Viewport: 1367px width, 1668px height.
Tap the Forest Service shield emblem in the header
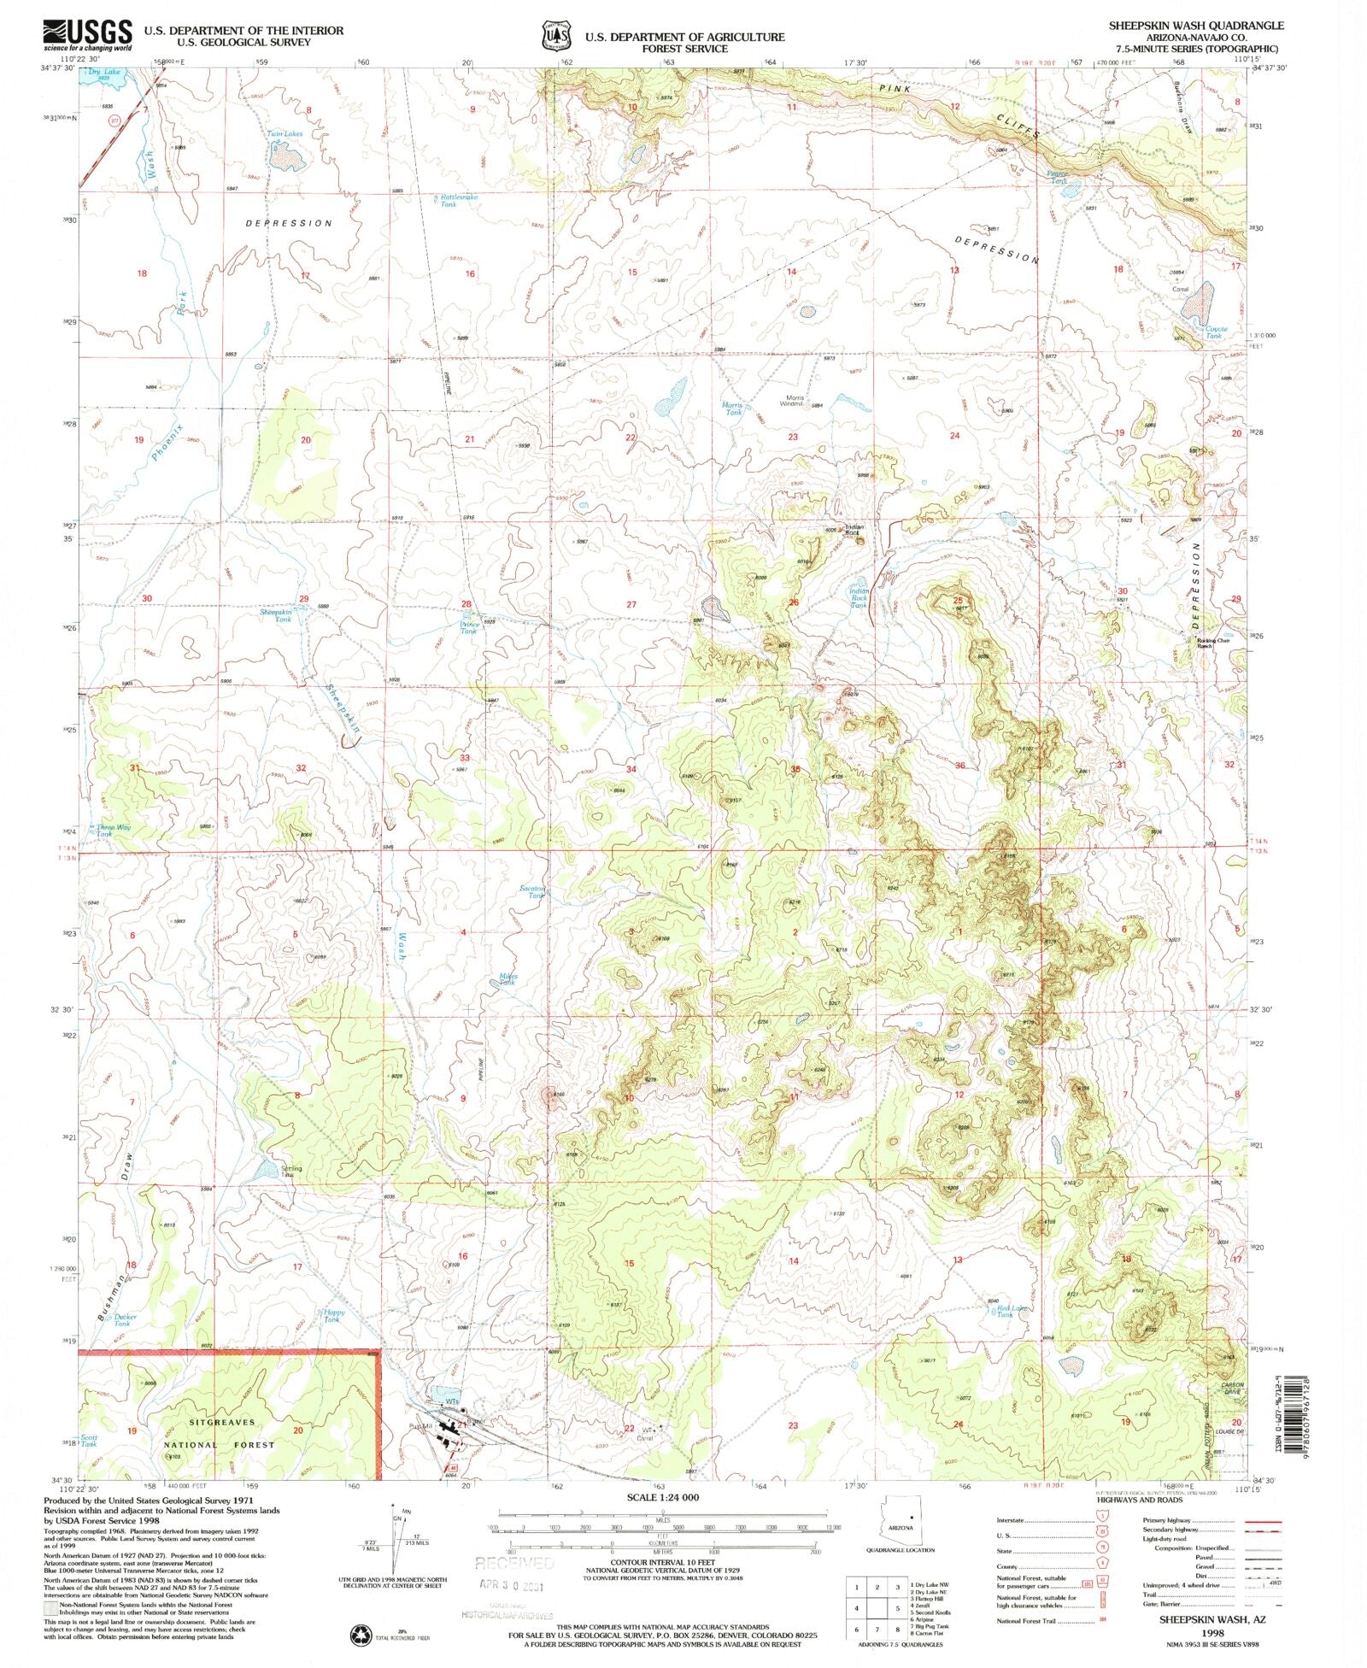pos(554,37)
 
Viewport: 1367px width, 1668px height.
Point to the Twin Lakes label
pos(285,134)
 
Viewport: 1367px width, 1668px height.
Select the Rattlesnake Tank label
pos(457,201)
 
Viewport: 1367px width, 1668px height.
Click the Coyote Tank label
pos(1215,332)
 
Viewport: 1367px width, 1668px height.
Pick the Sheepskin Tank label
pos(275,615)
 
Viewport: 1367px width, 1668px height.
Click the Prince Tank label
pos(469,627)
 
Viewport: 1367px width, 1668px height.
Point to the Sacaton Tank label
pos(532,892)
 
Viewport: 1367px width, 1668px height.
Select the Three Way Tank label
pos(113,831)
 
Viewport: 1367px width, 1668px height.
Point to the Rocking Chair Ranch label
pos(1215,643)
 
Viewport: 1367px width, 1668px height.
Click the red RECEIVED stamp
pos(513,1562)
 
